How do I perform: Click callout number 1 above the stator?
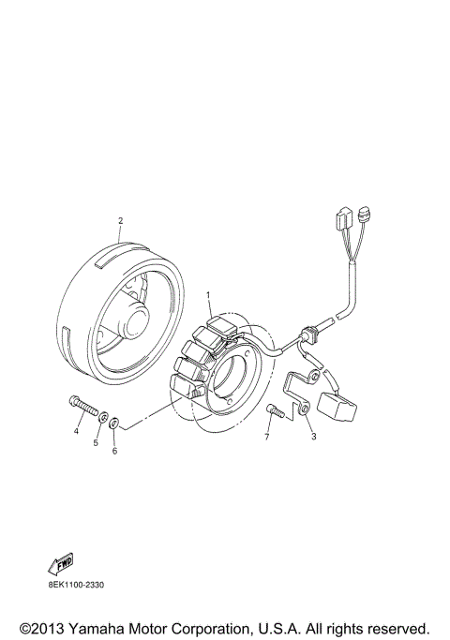[209, 296]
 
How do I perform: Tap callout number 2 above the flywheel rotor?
[120, 222]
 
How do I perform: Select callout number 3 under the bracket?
[314, 436]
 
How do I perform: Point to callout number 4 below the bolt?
[77, 432]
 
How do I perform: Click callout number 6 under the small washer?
[114, 452]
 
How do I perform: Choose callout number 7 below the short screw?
[266, 437]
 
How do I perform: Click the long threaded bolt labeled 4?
[82, 408]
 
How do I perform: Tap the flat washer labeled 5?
[103, 415]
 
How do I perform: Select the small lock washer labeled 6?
[113, 424]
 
